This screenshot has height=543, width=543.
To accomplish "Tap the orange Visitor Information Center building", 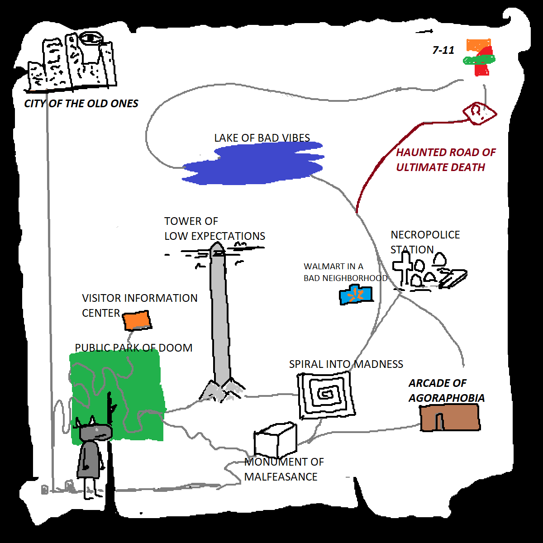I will click(137, 320).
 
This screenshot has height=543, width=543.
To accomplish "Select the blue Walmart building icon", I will click(356, 295).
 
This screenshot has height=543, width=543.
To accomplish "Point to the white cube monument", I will click(275, 441).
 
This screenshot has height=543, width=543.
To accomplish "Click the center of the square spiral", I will click(325, 394).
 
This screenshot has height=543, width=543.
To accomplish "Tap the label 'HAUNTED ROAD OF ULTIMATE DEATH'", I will click(445, 160).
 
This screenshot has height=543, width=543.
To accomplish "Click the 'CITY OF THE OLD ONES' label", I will click(81, 104).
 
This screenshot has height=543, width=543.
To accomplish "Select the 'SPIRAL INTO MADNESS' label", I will click(346, 364).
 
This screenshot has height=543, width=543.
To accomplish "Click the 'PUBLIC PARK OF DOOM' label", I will click(133, 348).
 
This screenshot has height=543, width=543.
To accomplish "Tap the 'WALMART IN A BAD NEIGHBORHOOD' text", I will click(345, 272).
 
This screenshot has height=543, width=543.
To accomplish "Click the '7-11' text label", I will click(443, 50).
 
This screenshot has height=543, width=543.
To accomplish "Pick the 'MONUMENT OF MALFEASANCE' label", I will click(284, 469).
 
